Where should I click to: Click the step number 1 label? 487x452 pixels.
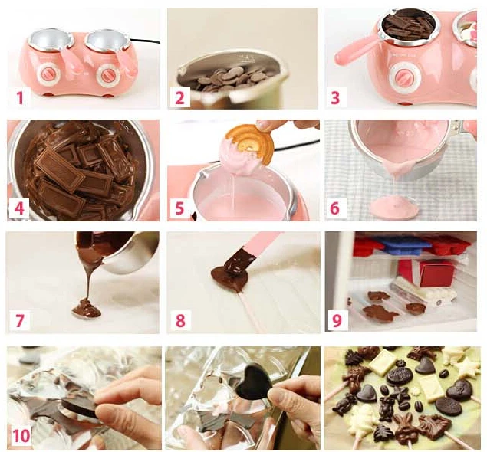(x=21, y=97)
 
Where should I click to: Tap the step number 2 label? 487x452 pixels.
(x=179, y=97)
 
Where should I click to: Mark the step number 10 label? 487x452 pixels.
(x=23, y=436)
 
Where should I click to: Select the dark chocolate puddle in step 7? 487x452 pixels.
(x=86, y=310)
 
